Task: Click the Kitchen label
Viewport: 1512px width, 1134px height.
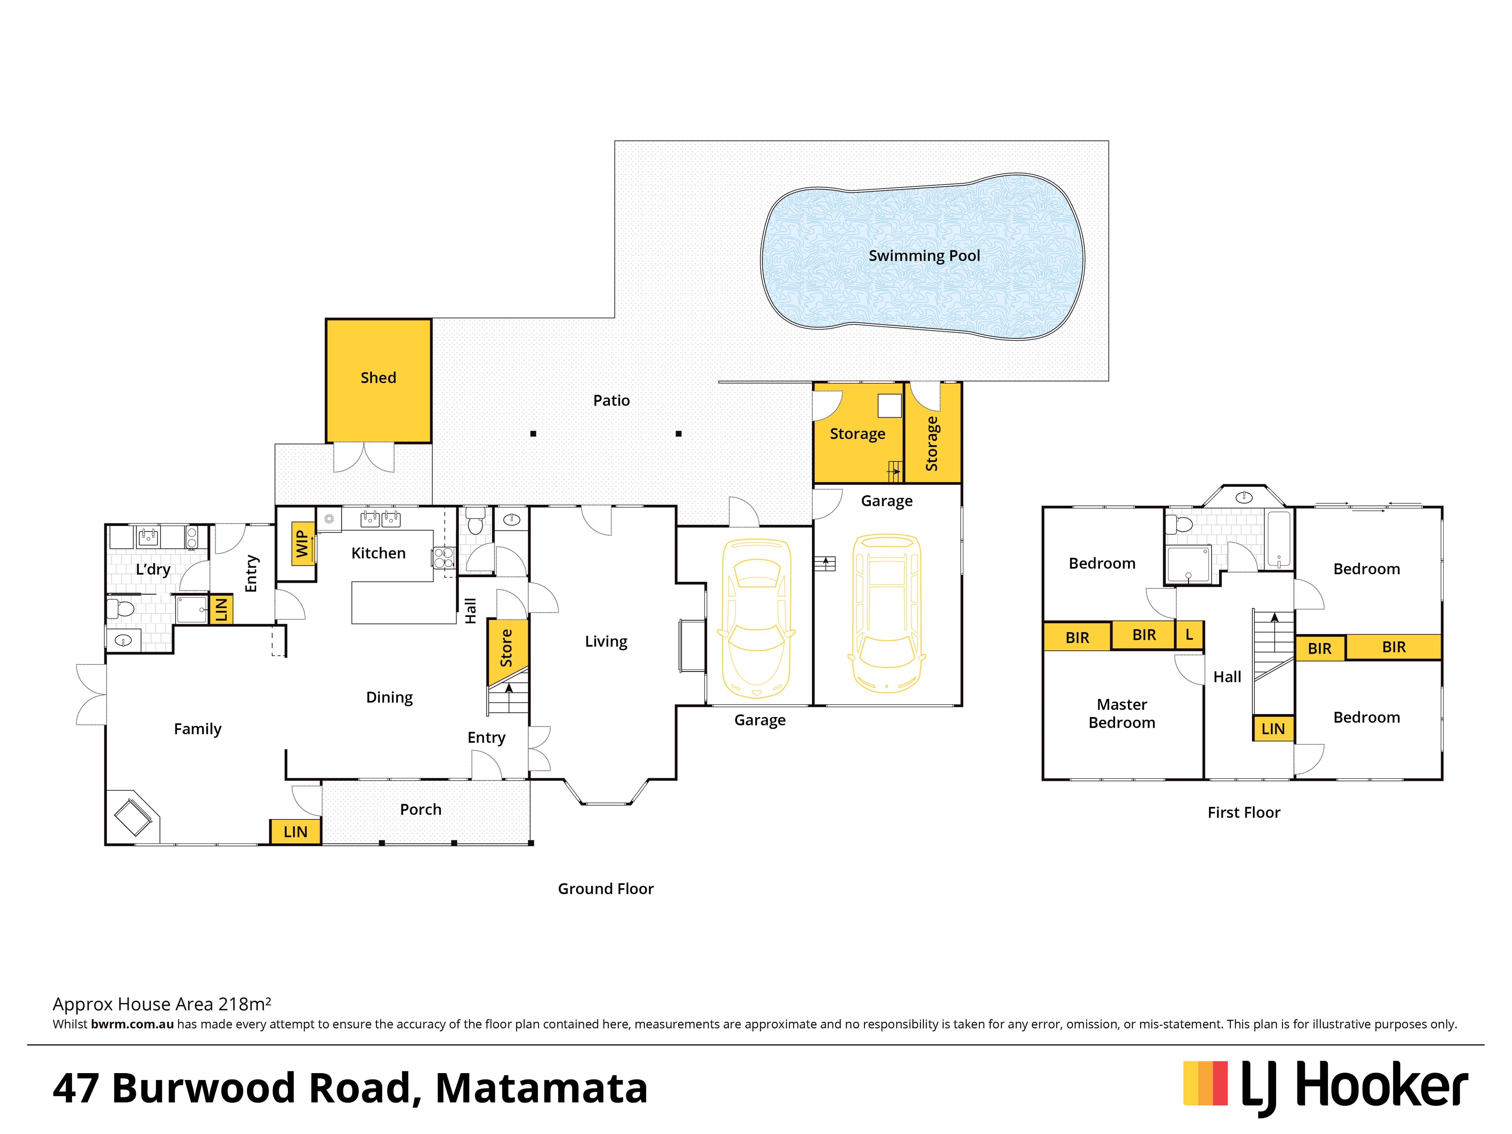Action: [x=378, y=553]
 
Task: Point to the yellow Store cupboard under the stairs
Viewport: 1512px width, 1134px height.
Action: [x=507, y=648]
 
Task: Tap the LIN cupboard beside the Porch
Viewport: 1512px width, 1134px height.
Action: [x=295, y=831]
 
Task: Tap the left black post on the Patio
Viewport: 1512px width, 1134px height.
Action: [x=533, y=433]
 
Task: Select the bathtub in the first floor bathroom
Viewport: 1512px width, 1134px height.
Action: [x=1278, y=539]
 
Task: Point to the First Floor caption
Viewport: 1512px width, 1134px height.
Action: [x=1243, y=812]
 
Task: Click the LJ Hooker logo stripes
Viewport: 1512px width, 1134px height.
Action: [x=1205, y=1083]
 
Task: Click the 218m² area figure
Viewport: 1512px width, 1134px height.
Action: [x=244, y=1004]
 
